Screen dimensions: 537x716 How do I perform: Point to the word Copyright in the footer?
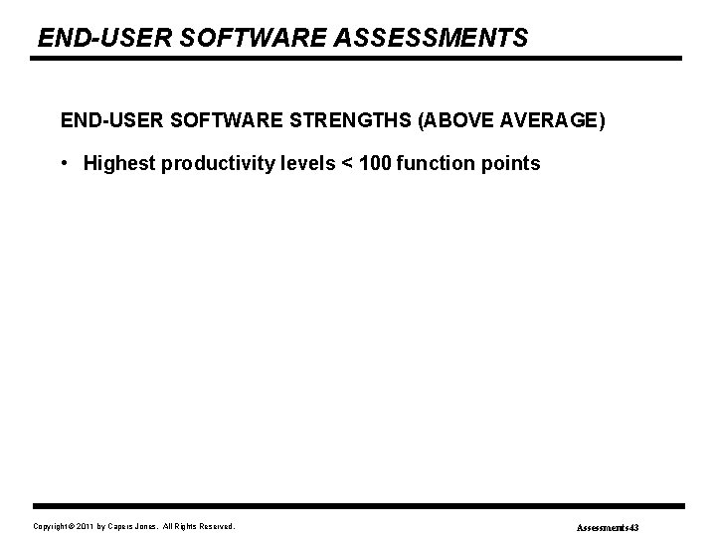[52, 525]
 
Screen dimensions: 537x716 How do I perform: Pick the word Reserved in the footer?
[219, 525]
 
